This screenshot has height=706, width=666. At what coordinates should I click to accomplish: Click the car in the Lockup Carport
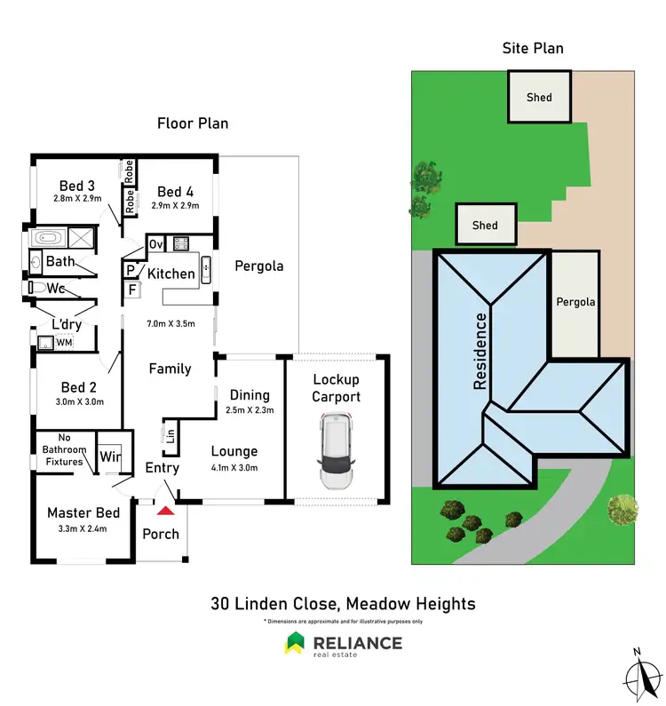pyautogui.click(x=337, y=454)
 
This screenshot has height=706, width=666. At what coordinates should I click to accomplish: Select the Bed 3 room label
pyautogui.click(x=77, y=186)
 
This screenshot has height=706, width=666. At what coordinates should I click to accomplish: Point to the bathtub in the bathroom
pyautogui.click(x=49, y=238)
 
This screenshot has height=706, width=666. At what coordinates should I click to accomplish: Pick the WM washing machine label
pyautogui.click(x=63, y=341)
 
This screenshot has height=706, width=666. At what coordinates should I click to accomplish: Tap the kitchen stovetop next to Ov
pyautogui.click(x=181, y=243)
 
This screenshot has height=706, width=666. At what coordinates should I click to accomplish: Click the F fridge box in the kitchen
pyautogui.click(x=132, y=290)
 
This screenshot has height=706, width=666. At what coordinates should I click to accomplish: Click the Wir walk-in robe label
pyautogui.click(x=110, y=456)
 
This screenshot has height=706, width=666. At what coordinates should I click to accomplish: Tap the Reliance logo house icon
pyautogui.click(x=294, y=643)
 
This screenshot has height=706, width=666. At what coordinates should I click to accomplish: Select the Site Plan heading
pyautogui.click(x=533, y=48)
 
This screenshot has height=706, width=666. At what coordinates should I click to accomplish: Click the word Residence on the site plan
pyautogui.click(x=481, y=352)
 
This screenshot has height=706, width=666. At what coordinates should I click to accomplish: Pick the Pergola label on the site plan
pyautogui.click(x=575, y=302)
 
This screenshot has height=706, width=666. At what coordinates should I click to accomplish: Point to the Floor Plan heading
pyautogui.click(x=193, y=123)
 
